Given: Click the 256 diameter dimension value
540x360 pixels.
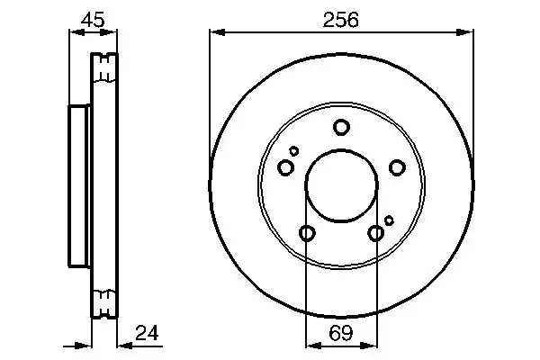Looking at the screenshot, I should pyautogui.click(x=341, y=19).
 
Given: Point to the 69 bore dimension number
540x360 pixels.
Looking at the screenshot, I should pyautogui.click(x=341, y=332).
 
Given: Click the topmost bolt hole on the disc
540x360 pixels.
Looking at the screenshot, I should pyautogui.click(x=341, y=127).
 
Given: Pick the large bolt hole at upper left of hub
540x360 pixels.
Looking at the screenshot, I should pyautogui.click(x=286, y=167).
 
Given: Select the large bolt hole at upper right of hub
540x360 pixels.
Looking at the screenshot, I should pyautogui.click(x=396, y=166).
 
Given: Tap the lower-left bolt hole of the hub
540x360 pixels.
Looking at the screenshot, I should pyautogui.click(x=307, y=234).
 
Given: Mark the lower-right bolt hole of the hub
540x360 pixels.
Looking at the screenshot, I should pyautogui.click(x=376, y=234).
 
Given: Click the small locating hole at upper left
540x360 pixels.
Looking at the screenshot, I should pyautogui.click(x=294, y=151).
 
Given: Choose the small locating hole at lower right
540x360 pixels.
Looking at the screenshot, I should pyautogui.click(x=389, y=220).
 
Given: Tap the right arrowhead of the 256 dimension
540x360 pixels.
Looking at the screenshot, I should pyautogui.click(x=468, y=33).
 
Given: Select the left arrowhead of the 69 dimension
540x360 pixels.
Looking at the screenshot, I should pyautogui.click(x=310, y=345).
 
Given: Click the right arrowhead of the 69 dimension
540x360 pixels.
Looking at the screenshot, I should pyautogui.click(x=372, y=345).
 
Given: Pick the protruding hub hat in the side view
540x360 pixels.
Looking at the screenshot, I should pyautogui.click(x=80, y=185).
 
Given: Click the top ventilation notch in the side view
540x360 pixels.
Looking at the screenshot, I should pyautogui.click(x=106, y=68).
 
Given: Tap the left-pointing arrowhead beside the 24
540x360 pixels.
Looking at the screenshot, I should pyautogui.click(x=122, y=345).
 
